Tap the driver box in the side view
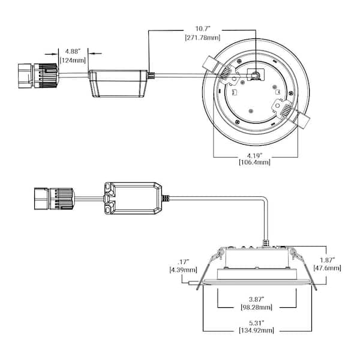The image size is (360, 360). [133, 198]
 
